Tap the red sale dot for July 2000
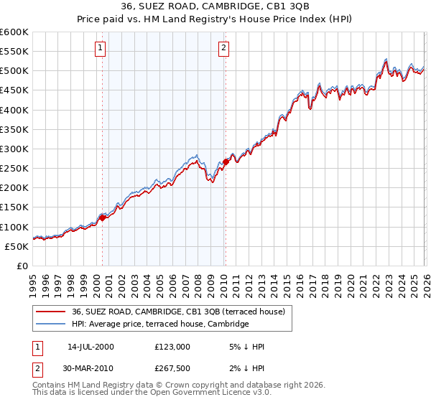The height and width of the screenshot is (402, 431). tap(103, 218)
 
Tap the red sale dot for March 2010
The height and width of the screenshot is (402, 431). tap(226, 162)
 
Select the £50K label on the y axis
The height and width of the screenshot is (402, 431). tap(17, 246)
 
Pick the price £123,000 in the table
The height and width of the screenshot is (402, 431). tap(172, 347)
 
